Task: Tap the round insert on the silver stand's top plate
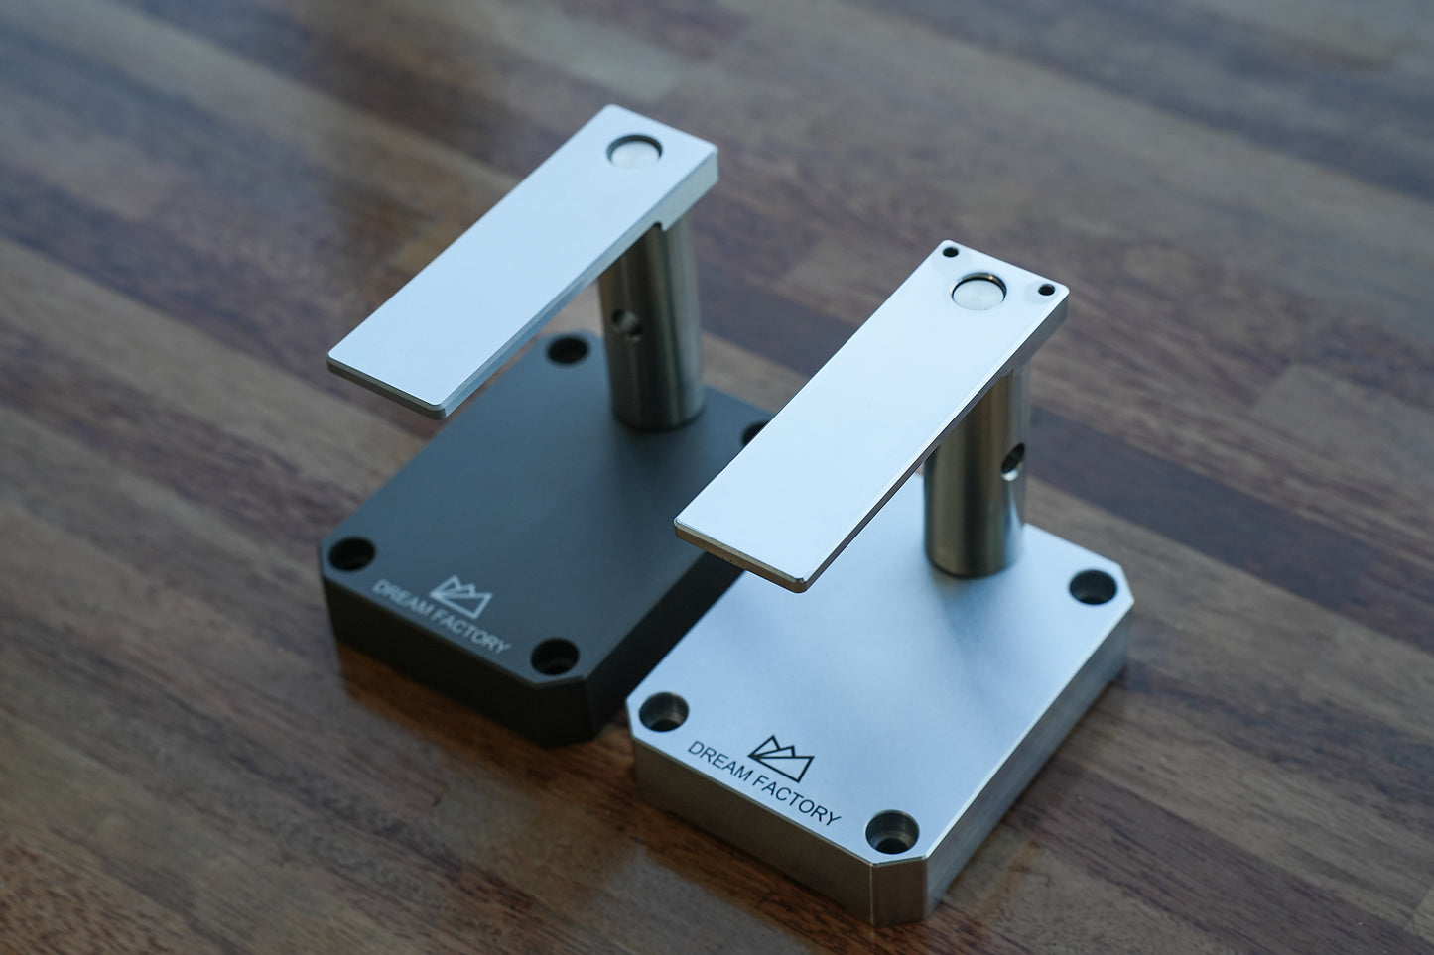tap(978, 292)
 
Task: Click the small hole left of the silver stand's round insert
tap(951, 253)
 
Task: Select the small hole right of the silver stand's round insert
tap(1046, 291)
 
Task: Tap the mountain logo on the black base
tap(461, 596)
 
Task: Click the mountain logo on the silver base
tap(780, 758)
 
